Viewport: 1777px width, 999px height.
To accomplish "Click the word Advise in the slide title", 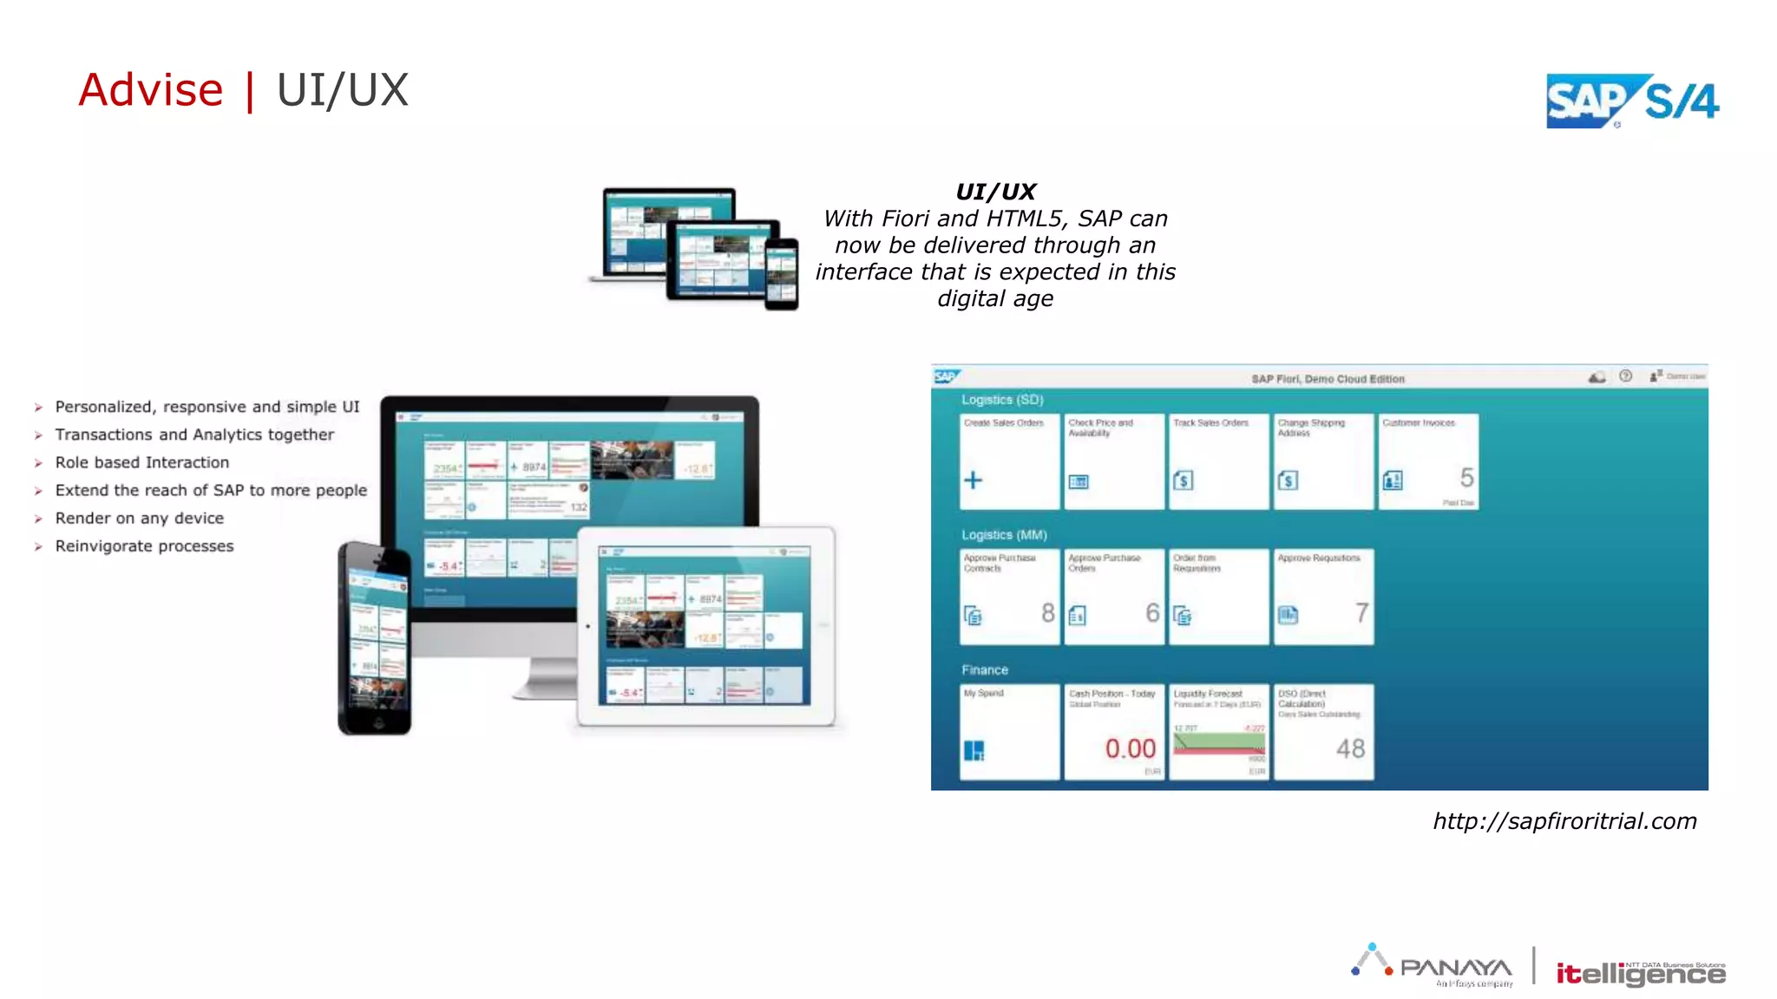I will pos(151,90).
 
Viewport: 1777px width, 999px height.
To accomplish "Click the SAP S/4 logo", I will pos(1632,101).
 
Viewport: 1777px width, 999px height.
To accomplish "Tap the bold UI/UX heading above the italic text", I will pos(995,192).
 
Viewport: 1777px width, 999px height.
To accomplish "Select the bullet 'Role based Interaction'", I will pos(142,462).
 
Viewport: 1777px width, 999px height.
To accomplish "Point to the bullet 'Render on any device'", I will pos(140,518).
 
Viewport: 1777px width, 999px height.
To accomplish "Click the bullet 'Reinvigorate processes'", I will pos(144,545).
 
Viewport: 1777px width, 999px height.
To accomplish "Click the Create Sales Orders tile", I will pos(1009,460).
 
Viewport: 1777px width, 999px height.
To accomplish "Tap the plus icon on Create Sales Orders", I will pos(974,480).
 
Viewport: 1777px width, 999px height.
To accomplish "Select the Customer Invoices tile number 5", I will pos(1466,477).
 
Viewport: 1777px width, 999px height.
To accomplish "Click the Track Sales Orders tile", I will pos(1218,460).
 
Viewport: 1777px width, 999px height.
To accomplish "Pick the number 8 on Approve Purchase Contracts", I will pos(1048,613).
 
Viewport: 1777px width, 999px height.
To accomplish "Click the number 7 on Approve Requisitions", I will pos(1361,613).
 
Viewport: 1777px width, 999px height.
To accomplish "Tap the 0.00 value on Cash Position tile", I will pos(1130,748).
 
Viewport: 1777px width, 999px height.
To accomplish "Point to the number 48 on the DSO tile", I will pos(1350,748).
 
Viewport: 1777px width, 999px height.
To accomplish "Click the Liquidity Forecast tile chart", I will pos(1219,743).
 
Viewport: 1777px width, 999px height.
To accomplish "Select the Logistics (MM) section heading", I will pos(1004,535).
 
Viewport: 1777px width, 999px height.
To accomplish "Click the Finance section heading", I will pos(985,670).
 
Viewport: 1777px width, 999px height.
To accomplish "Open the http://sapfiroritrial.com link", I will pos(1564,821).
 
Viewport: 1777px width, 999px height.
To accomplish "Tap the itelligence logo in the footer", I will pos(1640,974).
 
